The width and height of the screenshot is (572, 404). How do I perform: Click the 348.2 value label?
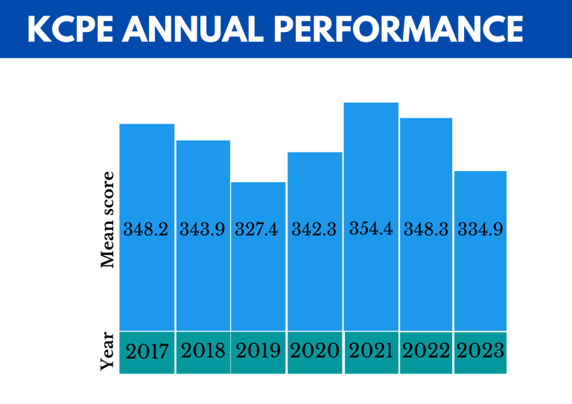click(147, 230)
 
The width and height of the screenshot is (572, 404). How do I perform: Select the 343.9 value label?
click(203, 230)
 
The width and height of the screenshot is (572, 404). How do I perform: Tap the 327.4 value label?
click(257, 230)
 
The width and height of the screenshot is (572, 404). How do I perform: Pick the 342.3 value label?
click(314, 230)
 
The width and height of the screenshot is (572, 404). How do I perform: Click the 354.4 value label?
click(370, 229)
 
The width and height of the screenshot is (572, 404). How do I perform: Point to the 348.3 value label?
click(426, 230)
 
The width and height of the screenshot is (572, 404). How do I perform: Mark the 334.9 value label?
click(480, 230)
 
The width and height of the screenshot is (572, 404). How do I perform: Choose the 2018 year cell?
click(203, 351)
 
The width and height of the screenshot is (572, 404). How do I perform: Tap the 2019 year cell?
click(258, 351)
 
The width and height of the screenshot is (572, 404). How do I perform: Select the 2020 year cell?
click(314, 351)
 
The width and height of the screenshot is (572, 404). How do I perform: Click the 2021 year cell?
click(370, 351)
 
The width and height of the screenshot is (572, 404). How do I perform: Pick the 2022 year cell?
click(426, 351)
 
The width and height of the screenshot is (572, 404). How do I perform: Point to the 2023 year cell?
click(480, 351)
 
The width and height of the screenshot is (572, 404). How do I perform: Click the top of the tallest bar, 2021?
click(371, 103)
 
